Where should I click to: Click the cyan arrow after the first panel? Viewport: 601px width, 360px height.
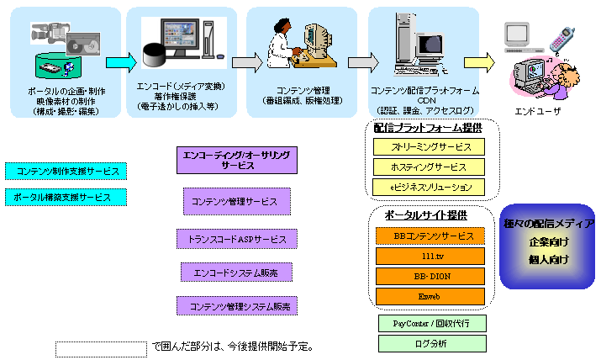[120, 63]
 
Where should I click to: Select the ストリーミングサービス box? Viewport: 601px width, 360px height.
[430, 146]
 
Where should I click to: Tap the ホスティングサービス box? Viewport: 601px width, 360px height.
[430, 167]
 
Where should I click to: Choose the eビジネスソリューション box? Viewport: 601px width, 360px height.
[430, 187]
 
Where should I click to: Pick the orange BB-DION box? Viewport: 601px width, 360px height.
[430, 276]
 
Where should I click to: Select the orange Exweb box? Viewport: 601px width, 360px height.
[430, 296]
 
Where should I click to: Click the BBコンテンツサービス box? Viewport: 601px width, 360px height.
[430, 236]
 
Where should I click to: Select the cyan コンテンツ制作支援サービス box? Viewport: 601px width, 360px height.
[65, 172]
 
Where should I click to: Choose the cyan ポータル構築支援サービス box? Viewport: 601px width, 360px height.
[65, 197]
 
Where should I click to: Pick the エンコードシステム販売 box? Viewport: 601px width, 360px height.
[238, 273]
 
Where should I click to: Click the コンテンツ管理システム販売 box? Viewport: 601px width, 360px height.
[238, 306]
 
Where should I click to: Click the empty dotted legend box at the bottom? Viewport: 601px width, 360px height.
[102, 347]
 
